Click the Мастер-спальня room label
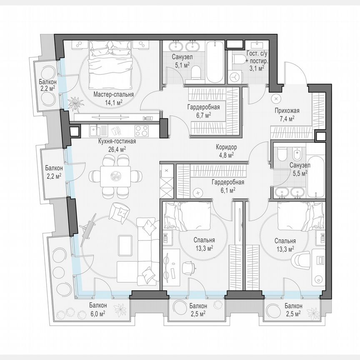tap(113, 94)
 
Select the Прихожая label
tap(287, 110)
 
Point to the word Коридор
tap(226, 147)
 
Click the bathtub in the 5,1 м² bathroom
tap(216, 62)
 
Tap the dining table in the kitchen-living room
tap(115, 175)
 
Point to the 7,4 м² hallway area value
tap(287, 118)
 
